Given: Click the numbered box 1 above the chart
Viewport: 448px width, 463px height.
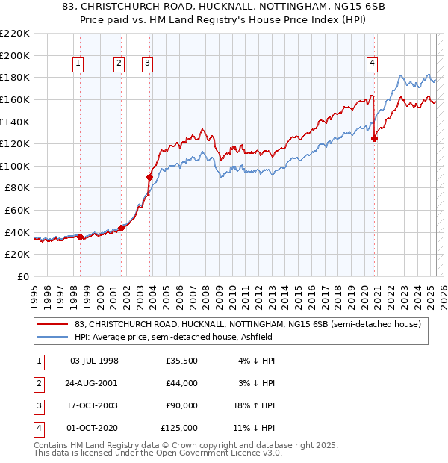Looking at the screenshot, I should [79, 64].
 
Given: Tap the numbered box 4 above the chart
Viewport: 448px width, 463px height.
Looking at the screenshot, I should [371, 64].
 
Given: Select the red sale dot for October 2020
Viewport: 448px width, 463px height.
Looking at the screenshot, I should [374, 137].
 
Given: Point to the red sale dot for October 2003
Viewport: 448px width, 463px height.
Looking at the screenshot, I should [149, 177].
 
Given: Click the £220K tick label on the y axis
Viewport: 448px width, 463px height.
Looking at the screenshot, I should [15, 34].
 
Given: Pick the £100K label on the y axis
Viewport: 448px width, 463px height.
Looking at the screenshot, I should [15, 166].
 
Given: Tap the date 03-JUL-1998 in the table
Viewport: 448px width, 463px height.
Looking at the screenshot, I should [94, 361].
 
